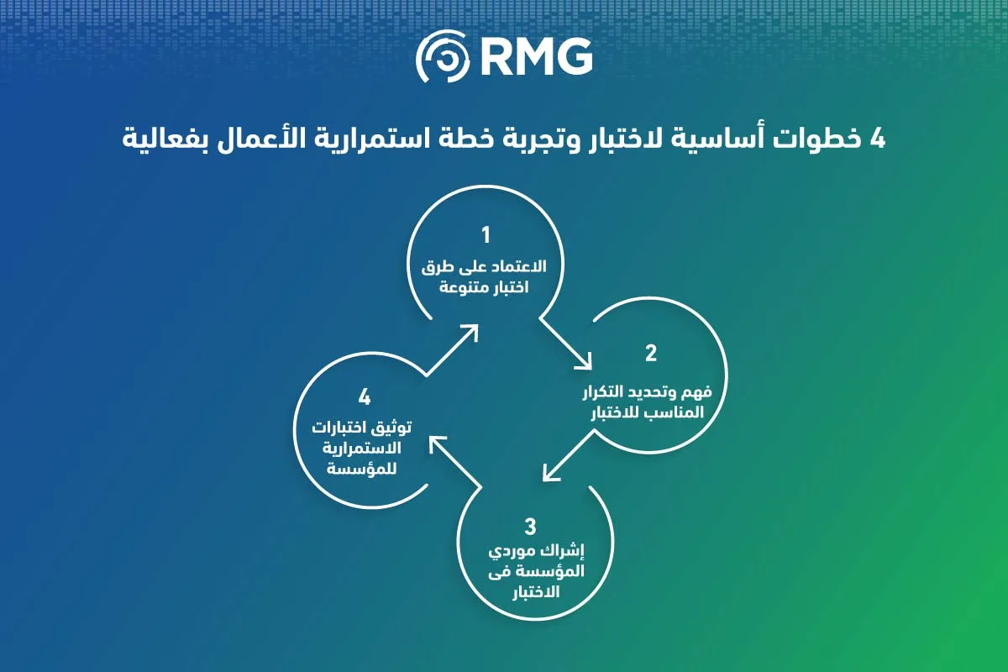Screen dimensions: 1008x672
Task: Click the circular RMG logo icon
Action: point(443,56)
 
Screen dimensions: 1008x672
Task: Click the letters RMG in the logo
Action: point(537,57)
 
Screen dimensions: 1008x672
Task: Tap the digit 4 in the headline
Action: point(877,139)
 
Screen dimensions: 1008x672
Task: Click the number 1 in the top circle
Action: point(486,235)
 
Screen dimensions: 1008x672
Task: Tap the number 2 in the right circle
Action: point(651,353)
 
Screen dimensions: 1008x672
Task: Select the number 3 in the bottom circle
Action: point(531,526)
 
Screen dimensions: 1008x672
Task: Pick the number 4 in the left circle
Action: point(365,397)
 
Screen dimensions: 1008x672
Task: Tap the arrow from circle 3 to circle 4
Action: point(455,462)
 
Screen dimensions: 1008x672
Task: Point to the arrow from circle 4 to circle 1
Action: point(452,349)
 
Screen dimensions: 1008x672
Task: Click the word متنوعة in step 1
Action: point(459,287)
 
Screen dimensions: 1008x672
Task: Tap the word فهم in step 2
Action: point(697,392)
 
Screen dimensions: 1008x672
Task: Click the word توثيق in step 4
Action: point(391,428)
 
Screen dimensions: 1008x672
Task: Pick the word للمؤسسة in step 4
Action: point(362,469)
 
